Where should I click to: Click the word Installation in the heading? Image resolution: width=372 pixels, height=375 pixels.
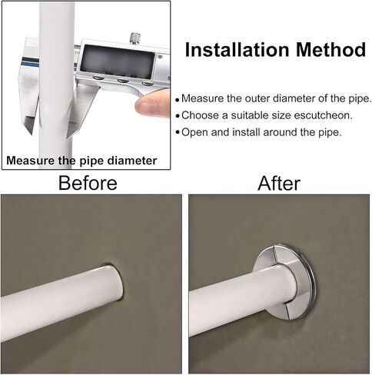(x=237, y=49)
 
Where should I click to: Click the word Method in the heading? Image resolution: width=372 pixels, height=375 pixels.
(x=331, y=49)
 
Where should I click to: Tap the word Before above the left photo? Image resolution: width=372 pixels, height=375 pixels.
(x=88, y=183)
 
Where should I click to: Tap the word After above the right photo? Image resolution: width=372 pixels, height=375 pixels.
(x=279, y=184)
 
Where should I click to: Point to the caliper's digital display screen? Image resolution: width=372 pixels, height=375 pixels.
(x=118, y=61)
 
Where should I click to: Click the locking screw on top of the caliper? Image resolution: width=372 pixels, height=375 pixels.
(x=135, y=38)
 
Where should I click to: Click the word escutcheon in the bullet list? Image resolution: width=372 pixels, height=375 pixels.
(x=323, y=115)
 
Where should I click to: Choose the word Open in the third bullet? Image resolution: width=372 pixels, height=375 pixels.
(x=195, y=132)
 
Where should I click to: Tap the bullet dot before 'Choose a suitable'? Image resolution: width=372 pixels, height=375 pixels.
(x=178, y=116)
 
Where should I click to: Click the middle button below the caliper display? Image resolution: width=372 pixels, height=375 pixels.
(x=123, y=81)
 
